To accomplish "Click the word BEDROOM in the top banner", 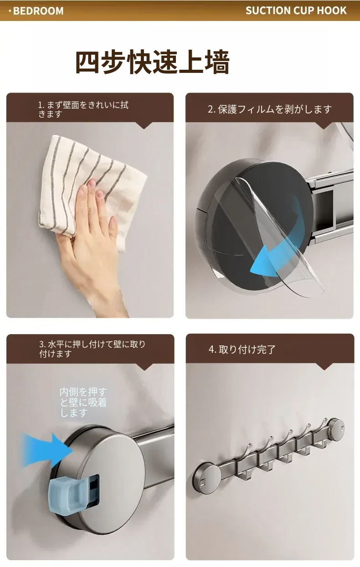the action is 38,11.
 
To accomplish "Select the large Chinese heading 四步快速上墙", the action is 153,62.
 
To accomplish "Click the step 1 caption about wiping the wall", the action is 83,109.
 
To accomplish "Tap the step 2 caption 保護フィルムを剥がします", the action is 270,109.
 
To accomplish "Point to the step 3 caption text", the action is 93,349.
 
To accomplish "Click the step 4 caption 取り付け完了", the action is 242,349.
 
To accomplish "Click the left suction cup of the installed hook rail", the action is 206,472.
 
